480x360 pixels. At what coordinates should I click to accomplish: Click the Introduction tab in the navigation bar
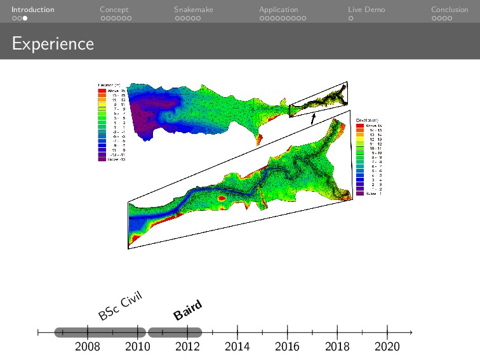pyautogui.click(x=32, y=10)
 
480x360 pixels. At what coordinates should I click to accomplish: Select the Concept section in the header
pyautogui.click(x=114, y=10)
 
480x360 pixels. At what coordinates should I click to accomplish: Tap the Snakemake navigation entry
pyautogui.click(x=194, y=10)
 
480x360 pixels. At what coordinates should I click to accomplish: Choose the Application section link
pyautogui.click(x=278, y=10)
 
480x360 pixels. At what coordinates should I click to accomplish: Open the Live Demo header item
pyautogui.click(x=366, y=10)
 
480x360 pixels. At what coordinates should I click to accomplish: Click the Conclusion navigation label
pyautogui.click(x=450, y=10)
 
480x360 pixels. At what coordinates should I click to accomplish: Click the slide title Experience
pyautogui.click(x=53, y=44)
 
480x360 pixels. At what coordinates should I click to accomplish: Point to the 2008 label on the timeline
pyautogui.click(x=87, y=347)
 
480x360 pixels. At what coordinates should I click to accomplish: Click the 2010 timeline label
pyautogui.click(x=137, y=347)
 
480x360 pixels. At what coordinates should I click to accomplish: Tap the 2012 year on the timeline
pyautogui.click(x=187, y=347)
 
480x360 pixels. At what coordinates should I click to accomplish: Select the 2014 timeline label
pyautogui.click(x=237, y=347)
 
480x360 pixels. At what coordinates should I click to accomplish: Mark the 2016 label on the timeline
pyautogui.click(x=288, y=347)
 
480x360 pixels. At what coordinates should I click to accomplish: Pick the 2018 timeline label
pyautogui.click(x=337, y=347)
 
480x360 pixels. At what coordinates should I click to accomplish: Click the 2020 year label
pyautogui.click(x=387, y=347)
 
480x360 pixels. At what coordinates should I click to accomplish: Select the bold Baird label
pyautogui.click(x=188, y=310)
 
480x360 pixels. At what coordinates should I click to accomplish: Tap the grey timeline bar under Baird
pyautogui.click(x=175, y=332)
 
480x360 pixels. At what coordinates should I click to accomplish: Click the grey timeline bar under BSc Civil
pyautogui.click(x=100, y=332)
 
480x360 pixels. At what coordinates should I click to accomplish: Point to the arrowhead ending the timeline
pyautogui.click(x=411, y=332)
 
